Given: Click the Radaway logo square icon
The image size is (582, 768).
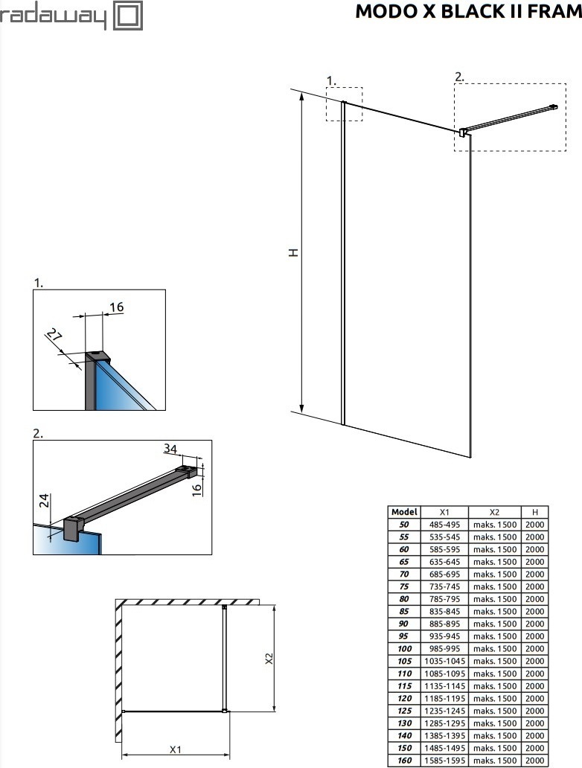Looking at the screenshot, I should pos(127,16).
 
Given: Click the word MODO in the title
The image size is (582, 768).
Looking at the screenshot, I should pos(382,11).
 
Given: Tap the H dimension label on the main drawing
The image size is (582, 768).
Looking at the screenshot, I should pos(294,253).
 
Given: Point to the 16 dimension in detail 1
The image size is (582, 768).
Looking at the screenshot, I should pos(116,307).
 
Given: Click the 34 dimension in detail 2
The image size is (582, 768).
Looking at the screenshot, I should pos(171,448).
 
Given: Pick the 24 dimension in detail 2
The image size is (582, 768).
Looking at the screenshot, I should pos(44,501).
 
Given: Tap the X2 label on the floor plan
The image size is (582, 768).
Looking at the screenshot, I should pos(269,659).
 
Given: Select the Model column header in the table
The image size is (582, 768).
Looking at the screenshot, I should pos(404,512).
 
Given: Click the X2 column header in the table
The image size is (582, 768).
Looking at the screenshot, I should pos(495,512).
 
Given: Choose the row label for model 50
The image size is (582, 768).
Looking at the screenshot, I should pos(404,525).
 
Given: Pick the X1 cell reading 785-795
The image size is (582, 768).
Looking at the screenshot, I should pos(444,599).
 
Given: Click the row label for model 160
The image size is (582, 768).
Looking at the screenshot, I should pos(404,761).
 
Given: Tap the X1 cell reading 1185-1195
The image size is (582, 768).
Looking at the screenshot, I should pos(444,698).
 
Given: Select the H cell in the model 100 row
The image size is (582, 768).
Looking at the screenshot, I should pos(534,648).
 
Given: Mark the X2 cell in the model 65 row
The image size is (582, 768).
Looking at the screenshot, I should pos(495,562).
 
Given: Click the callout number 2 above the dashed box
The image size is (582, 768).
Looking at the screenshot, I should pos(459,77).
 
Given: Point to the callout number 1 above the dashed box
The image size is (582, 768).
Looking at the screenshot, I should pos(331,80).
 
